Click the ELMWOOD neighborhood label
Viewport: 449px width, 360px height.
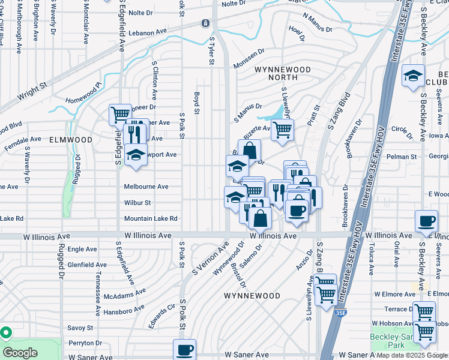(x=71, y=139)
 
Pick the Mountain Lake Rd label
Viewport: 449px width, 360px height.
(x=151, y=218)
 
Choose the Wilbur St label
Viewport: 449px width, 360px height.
(x=137, y=203)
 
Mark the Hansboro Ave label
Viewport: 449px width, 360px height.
(x=124, y=310)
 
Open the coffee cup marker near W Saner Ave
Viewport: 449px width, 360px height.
(x=184, y=349)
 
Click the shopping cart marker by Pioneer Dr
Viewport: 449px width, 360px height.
(x=120, y=113)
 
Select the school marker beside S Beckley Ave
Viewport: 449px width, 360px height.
(x=413, y=76)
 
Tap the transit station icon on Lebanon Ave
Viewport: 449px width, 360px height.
(x=206, y=23)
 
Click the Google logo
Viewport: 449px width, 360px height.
(x=20, y=353)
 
